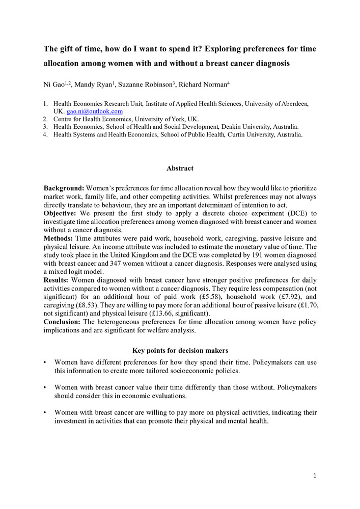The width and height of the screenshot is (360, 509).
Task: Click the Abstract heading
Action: tap(180, 168)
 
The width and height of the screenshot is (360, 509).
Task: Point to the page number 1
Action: tap(315, 476)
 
